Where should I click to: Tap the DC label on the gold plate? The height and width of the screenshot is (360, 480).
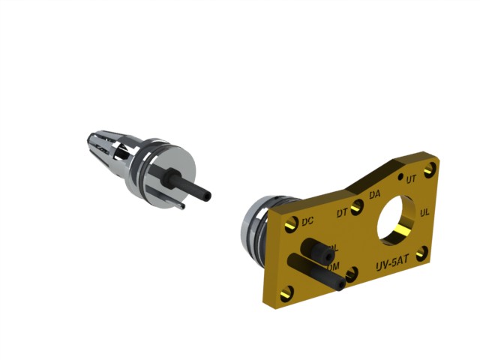click(x=307, y=222)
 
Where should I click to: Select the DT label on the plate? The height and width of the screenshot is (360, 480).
click(x=342, y=213)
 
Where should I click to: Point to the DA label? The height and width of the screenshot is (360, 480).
click(x=374, y=195)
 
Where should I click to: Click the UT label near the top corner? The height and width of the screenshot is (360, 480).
click(x=411, y=179)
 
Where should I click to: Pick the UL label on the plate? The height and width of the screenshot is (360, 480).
click(x=425, y=213)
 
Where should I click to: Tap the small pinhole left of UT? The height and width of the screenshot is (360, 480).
click(x=400, y=177)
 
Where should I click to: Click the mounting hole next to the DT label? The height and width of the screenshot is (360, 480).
click(x=357, y=205)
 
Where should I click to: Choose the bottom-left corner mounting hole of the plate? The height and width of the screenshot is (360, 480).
click(x=286, y=294)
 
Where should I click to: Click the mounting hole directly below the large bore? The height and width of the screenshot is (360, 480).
click(x=421, y=253)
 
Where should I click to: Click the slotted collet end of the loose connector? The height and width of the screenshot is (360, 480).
click(x=101, y=146)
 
